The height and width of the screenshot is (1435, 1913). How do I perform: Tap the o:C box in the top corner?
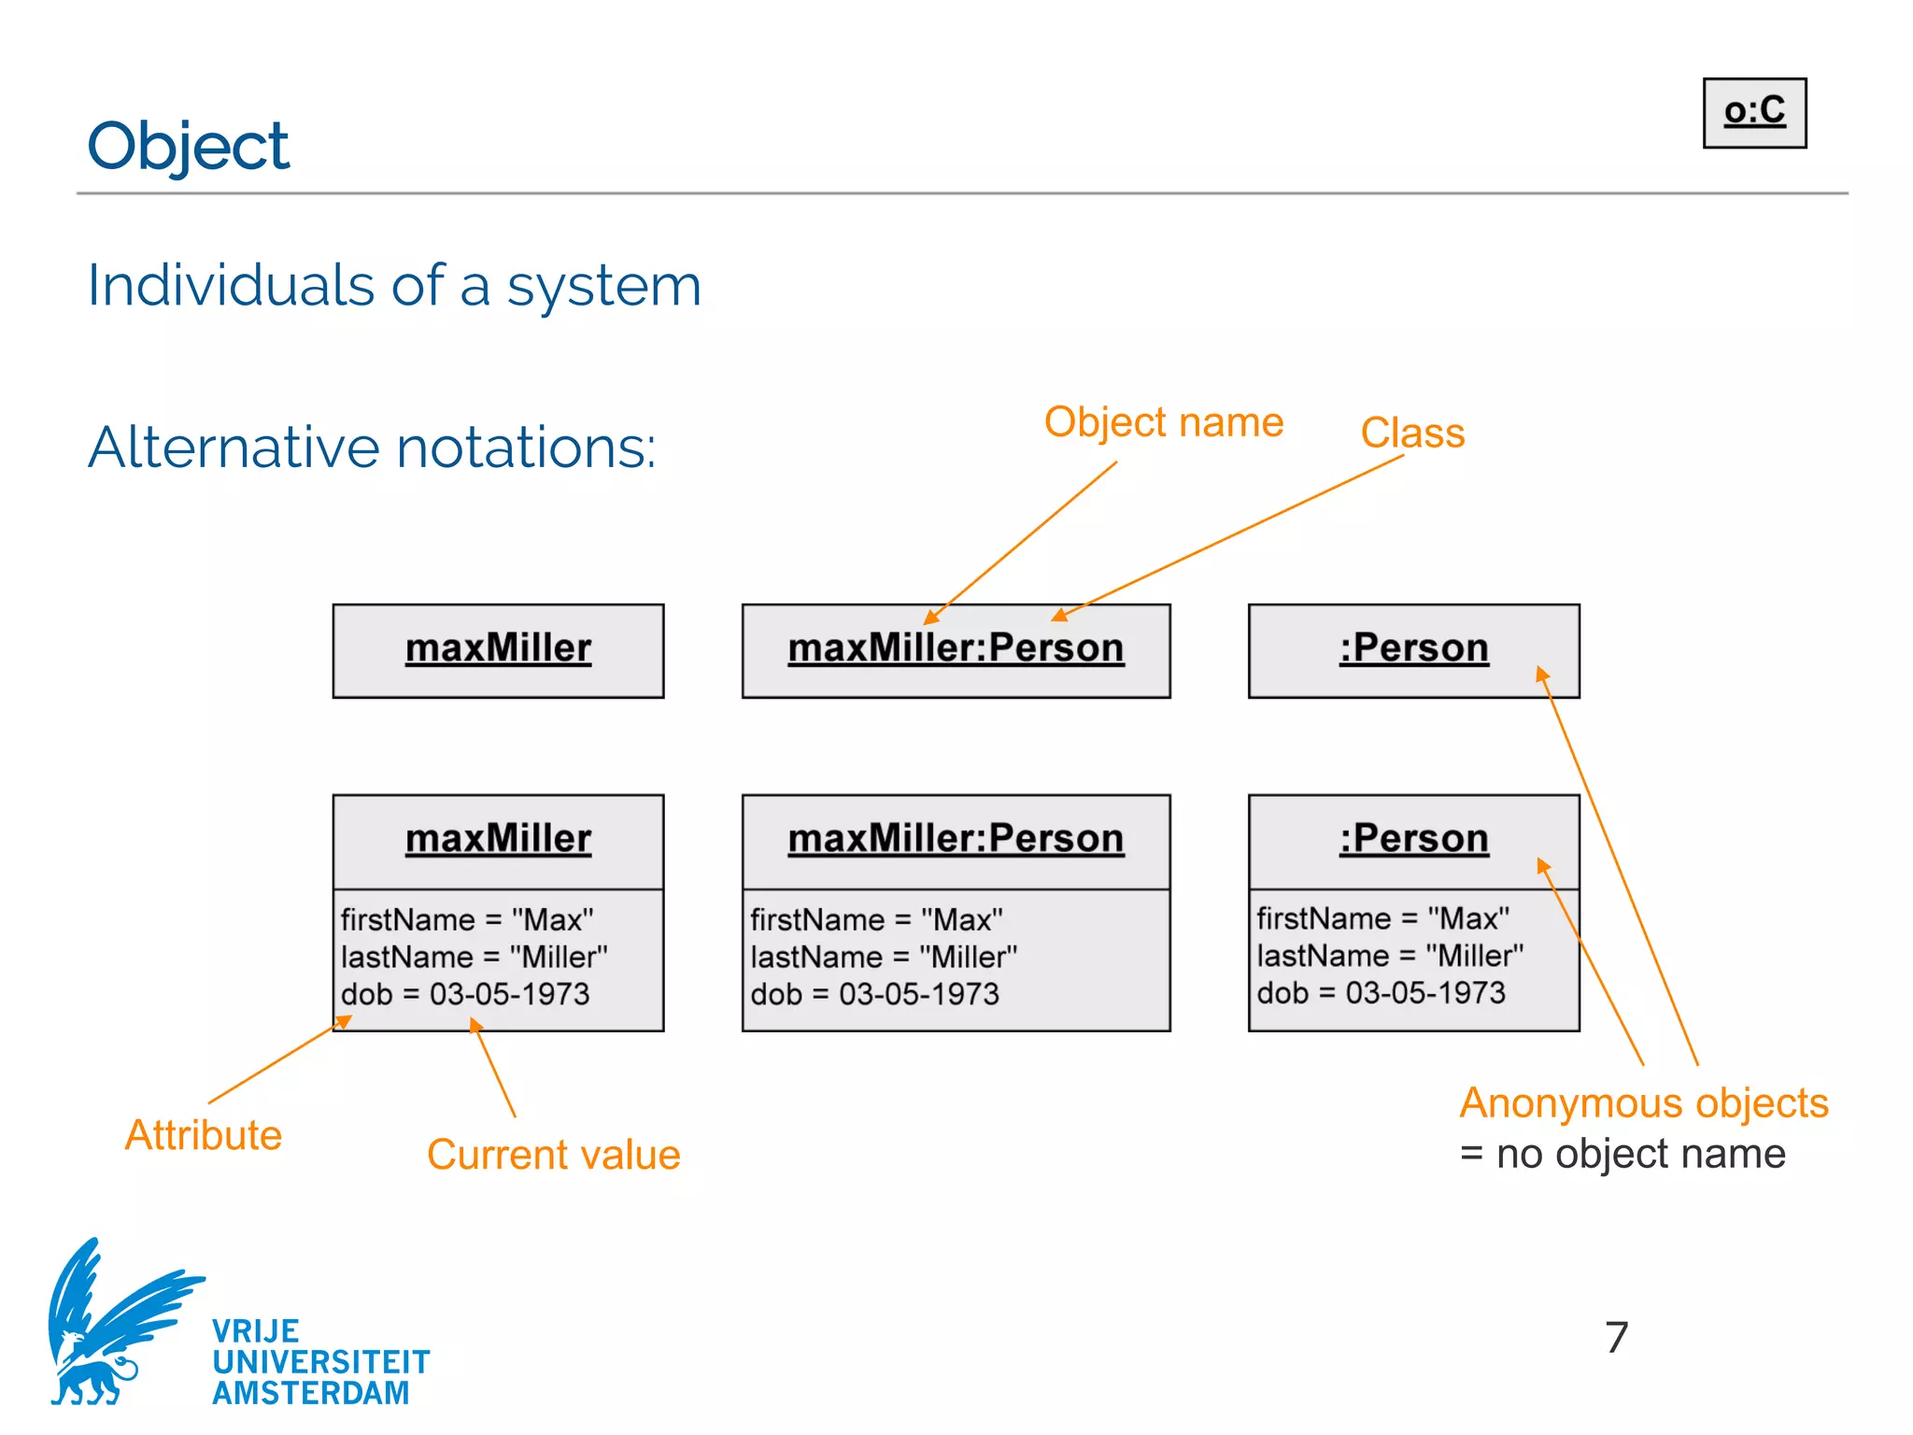[1753, 112]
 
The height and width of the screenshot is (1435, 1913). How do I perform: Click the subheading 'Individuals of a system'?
[393, 285]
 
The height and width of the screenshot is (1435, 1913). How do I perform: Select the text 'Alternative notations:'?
[372, 447]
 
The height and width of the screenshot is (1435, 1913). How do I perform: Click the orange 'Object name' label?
[1163, 422]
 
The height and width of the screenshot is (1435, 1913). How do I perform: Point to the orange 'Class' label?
[1411, 433]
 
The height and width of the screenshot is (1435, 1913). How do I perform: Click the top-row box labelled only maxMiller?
[498, 649]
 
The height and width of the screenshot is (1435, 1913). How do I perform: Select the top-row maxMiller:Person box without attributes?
[955, 649]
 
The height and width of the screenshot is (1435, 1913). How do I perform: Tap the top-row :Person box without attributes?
[1412, 649]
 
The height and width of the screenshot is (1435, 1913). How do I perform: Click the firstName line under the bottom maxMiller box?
[466, 919]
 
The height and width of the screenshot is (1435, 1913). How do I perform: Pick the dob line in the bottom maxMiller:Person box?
[874, 994]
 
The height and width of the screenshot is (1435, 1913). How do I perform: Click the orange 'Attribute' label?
[203, 1135]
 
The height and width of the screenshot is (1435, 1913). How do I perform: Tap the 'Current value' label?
[553, 1155]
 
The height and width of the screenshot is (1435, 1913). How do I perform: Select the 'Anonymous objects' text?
[1643, 1103]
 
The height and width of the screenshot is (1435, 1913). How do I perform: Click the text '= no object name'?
[1623, 1154]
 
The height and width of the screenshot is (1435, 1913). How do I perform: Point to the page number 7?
[1616, 1337]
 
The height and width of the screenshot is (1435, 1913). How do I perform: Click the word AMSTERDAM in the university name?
[310, 1393]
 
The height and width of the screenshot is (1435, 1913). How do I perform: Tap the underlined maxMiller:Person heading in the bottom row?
[955, 839]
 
